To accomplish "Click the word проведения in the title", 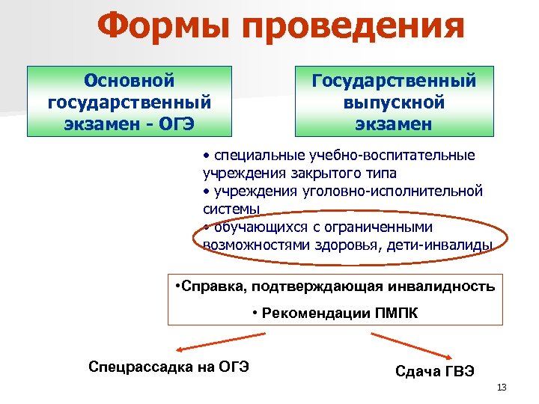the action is (351, 28).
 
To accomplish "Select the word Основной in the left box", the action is (129, 79).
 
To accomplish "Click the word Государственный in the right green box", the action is (394, 79).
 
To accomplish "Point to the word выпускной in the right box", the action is (394, 101).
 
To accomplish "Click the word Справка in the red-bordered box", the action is (212, 287).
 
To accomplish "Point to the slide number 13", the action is (502, 387).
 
